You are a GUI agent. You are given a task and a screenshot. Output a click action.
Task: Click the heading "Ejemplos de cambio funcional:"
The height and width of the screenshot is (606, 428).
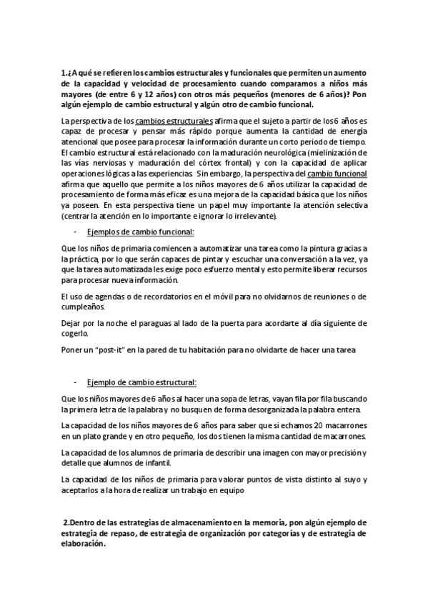coord(139,232)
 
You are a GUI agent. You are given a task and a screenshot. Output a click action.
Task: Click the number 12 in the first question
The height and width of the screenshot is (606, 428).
coord(169,94)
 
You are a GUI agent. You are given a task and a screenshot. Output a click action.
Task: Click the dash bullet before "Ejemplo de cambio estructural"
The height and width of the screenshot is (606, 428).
coord(76,382)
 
